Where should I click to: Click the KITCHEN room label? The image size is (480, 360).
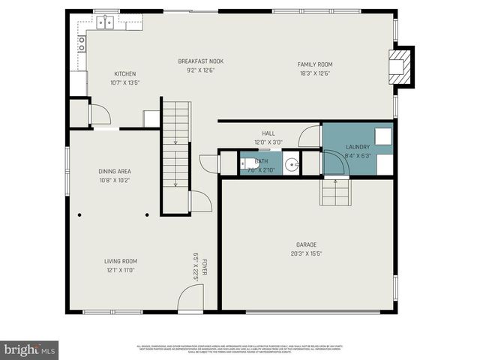coord(124,73)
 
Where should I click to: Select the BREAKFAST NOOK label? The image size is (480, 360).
coord(200,61)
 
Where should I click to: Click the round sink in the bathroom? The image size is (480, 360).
coord(291,165)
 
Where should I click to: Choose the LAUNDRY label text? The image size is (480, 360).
coord(357,147)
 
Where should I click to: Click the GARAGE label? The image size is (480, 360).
coord(306,244)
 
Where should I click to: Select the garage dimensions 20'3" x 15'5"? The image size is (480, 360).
coord(306,253)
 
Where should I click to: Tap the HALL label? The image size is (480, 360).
coord(268,133)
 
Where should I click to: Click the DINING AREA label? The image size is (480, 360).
coord(115,171)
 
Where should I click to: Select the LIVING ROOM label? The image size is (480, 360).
coord(120,261)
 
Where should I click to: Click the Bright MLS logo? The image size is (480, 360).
coord(30,349)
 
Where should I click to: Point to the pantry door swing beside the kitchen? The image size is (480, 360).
coord(99,115)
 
